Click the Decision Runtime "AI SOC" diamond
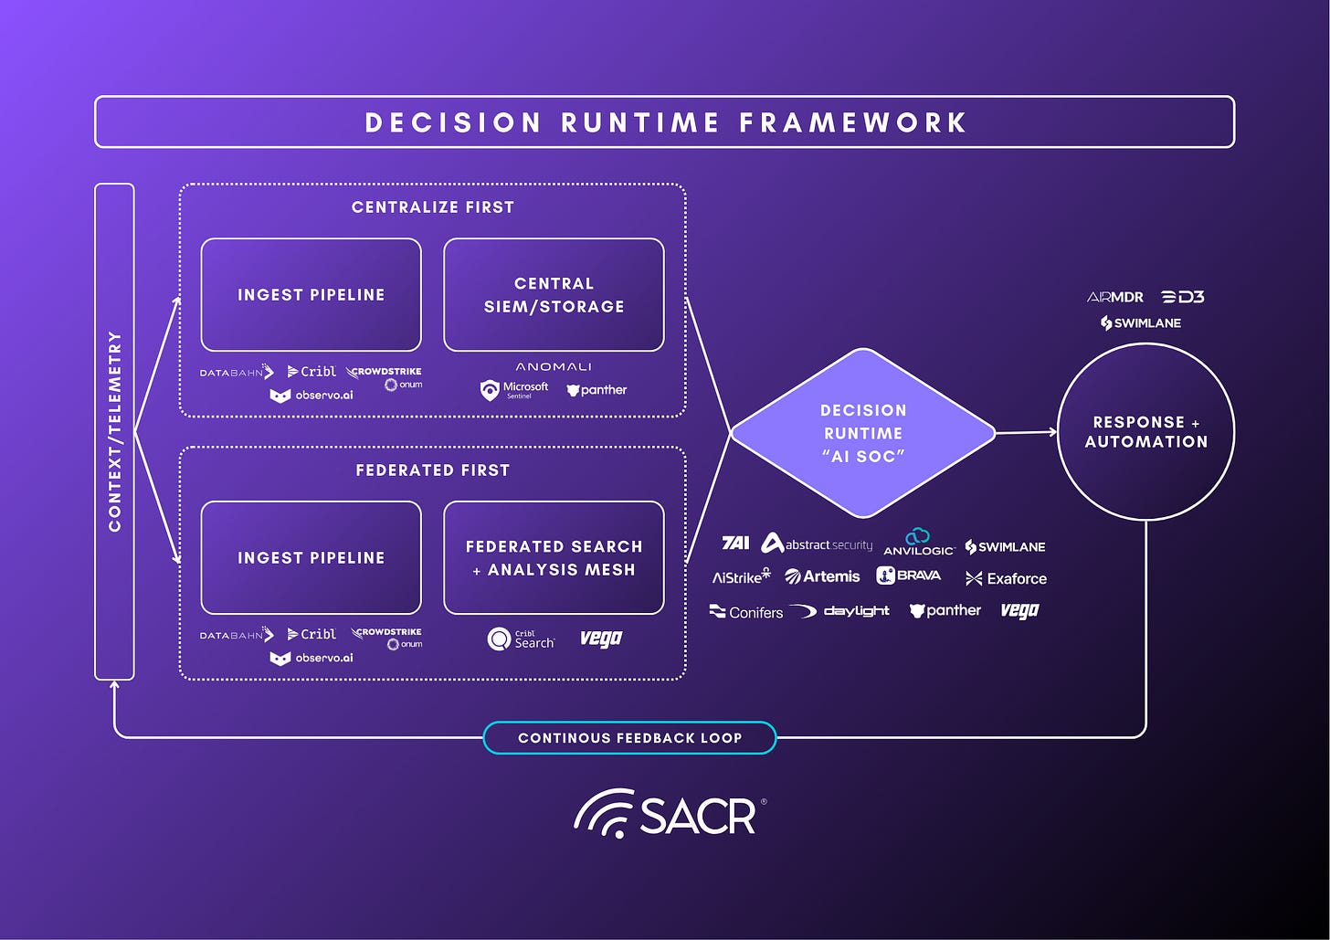coord(862,433)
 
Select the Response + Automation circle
coord(1145,432)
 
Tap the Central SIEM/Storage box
coord(554,295)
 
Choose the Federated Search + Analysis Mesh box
coord(554,558)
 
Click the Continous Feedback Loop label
coord(629,738)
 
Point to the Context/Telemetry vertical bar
coord(114,431)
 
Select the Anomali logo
coord(554,366)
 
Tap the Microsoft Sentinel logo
coord(515,390)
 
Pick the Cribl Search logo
coord(522,639)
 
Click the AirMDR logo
coord(1114,297)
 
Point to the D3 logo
coord(1183,297)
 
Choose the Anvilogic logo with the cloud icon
coord(918,543)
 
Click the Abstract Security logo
coord(817,544)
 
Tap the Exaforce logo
coord(1006,578)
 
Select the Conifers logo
coord(746,612)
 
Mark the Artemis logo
coord(822,576)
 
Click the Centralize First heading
coord(432,207)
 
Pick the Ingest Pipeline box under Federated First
coord(311,558)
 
